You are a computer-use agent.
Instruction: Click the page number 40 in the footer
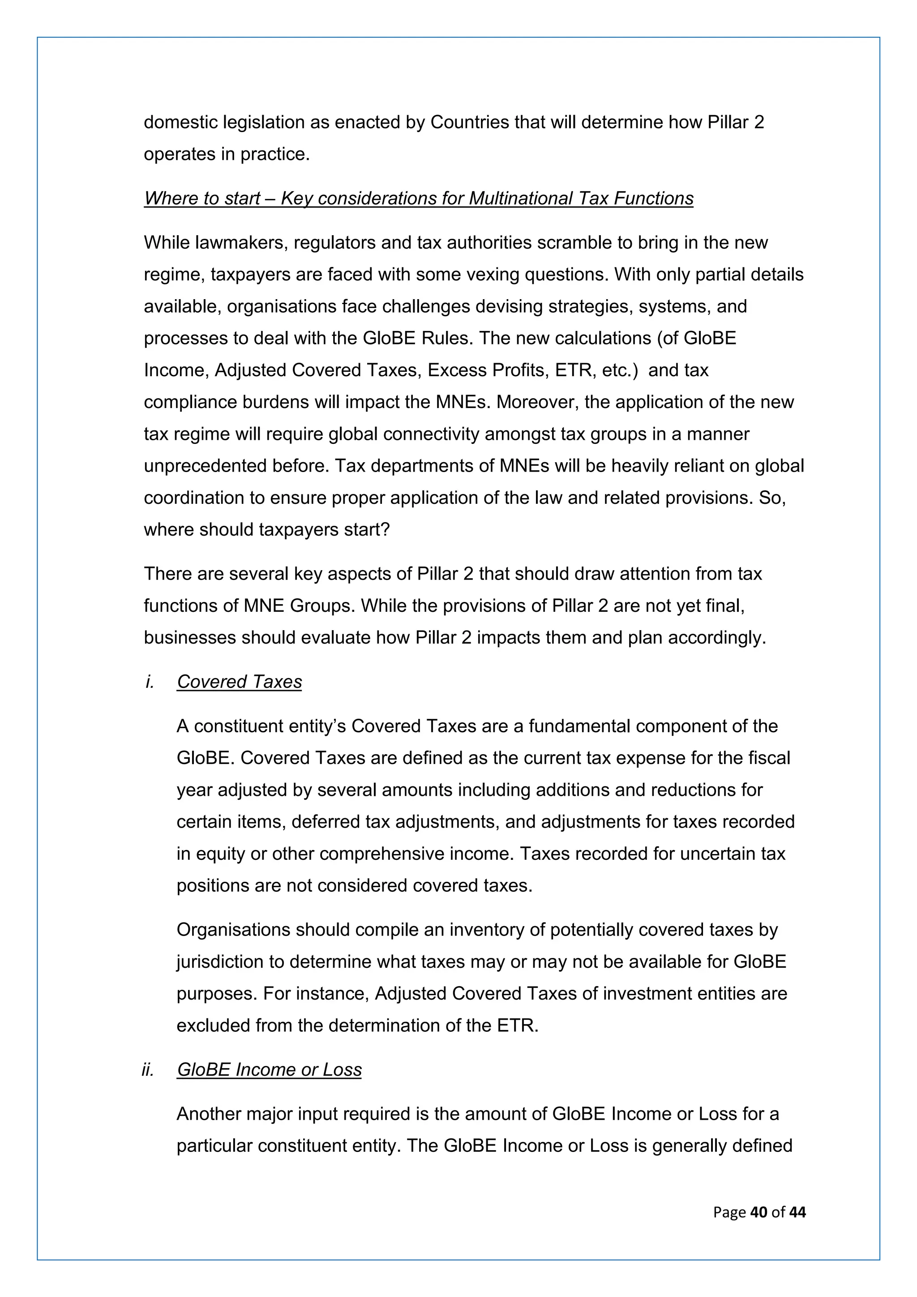tap(758, 1212)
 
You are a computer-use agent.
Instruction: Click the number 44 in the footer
tap(797, 1212)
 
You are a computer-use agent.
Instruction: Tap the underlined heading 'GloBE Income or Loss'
tap(270, 1069)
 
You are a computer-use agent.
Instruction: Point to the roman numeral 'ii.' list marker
tap(148, 1069)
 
